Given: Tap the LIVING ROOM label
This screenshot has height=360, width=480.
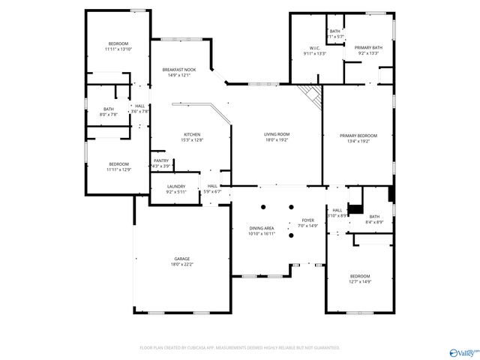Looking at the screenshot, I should point(276,134).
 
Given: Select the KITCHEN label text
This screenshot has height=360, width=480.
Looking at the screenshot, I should point(193,134).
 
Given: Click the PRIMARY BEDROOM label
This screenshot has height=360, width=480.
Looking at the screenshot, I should point(358,136).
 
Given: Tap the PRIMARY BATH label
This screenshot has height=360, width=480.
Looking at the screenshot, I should point(368,48).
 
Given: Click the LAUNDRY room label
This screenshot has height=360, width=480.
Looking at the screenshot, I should point(176,187).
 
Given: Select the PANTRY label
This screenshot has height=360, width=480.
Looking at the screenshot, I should point(161,160).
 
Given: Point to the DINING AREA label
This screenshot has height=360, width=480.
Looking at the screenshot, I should point(262,228).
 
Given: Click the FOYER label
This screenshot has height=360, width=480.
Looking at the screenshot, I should point(307,220).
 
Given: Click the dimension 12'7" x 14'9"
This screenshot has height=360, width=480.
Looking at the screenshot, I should point(359,282).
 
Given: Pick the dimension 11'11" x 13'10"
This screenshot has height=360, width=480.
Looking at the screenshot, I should point(118,49).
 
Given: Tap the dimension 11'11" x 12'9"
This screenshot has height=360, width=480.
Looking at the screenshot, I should point(118,169).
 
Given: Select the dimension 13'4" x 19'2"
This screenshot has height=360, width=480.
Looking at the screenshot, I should point(358,141).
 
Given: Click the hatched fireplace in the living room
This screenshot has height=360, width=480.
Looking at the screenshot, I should point(309,94).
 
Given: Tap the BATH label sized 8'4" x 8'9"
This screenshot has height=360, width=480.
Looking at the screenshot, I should point(374,217).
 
